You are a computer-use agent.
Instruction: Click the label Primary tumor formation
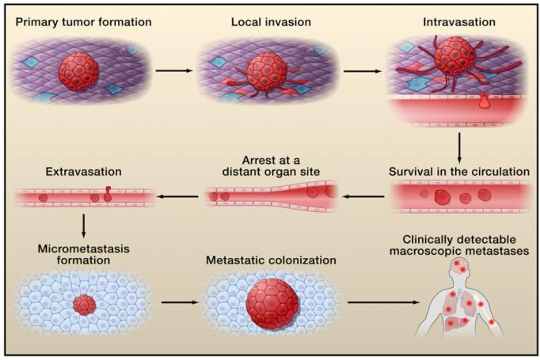(84, 22)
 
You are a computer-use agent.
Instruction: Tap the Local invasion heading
(271, 22)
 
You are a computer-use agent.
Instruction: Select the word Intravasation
(459, 22)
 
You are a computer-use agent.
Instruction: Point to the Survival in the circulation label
(459, 172)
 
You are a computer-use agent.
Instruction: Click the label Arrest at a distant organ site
(271, 166)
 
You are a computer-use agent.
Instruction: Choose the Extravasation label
(84, 172)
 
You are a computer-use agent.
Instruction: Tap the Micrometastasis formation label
(84, 254)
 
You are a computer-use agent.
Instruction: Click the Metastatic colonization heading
(271, 260)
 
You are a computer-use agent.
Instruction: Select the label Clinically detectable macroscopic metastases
(459, 245)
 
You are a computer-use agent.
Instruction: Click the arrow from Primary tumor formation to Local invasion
(173, 70)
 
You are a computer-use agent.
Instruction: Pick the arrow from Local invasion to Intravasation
(363, 71)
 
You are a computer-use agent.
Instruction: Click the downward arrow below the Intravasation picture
(459, 148)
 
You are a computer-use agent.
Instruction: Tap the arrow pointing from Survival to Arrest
(363, 196)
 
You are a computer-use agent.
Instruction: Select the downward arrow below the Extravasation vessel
(84, 225)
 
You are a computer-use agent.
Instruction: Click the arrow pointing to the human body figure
(383, 302)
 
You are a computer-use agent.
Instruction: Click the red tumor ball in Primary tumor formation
(79, 71)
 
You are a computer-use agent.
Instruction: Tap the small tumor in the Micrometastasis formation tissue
(85, 305)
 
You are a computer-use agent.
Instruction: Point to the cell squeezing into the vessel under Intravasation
(484, 100)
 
